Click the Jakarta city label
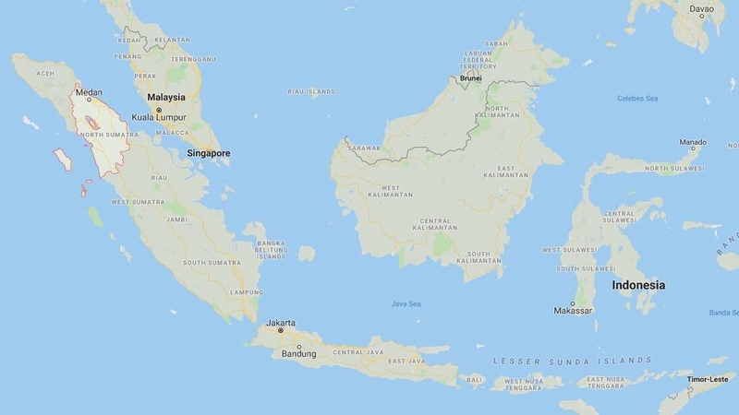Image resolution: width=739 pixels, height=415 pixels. click(x=281, y=322)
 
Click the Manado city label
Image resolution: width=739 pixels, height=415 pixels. click(x=692, y=143)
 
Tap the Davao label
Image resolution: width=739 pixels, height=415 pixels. click(x=702, y=9)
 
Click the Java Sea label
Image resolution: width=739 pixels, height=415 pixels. click(x=406, y=302)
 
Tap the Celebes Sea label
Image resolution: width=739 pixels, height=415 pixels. click(x=637, y=98)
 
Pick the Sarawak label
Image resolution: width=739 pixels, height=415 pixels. click(x=363, y=146)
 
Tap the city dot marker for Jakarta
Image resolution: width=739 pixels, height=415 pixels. click(x=281, y=330)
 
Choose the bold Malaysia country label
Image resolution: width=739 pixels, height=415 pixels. click(x=166, y=97)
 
